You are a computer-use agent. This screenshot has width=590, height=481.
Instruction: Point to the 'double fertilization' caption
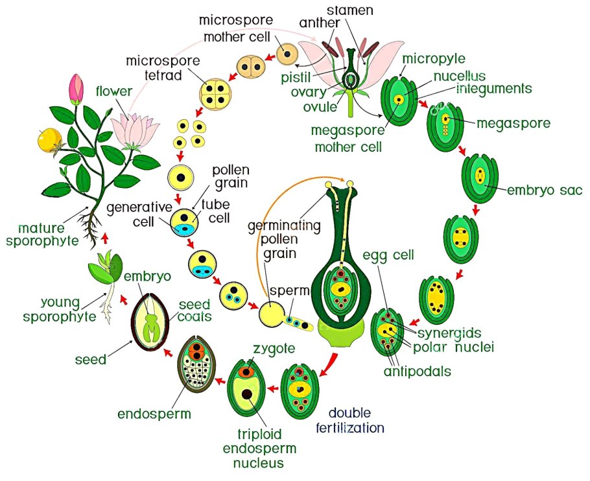tap(356, 421)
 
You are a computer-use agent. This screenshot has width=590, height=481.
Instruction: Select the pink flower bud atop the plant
tap(77, 88)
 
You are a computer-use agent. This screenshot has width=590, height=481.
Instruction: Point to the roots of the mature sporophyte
tap(92, 227)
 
